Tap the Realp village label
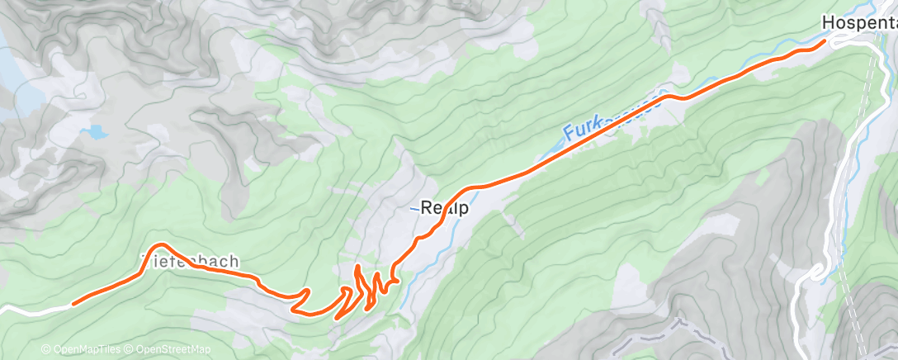[444, 209]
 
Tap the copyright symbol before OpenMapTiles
[45, 349]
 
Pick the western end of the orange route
[73, 303]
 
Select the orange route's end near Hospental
[822, 41]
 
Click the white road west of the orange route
[33, 309]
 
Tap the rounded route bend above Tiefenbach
[160, 245]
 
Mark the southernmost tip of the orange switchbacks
[338, 317]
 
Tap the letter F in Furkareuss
[569, 131]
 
